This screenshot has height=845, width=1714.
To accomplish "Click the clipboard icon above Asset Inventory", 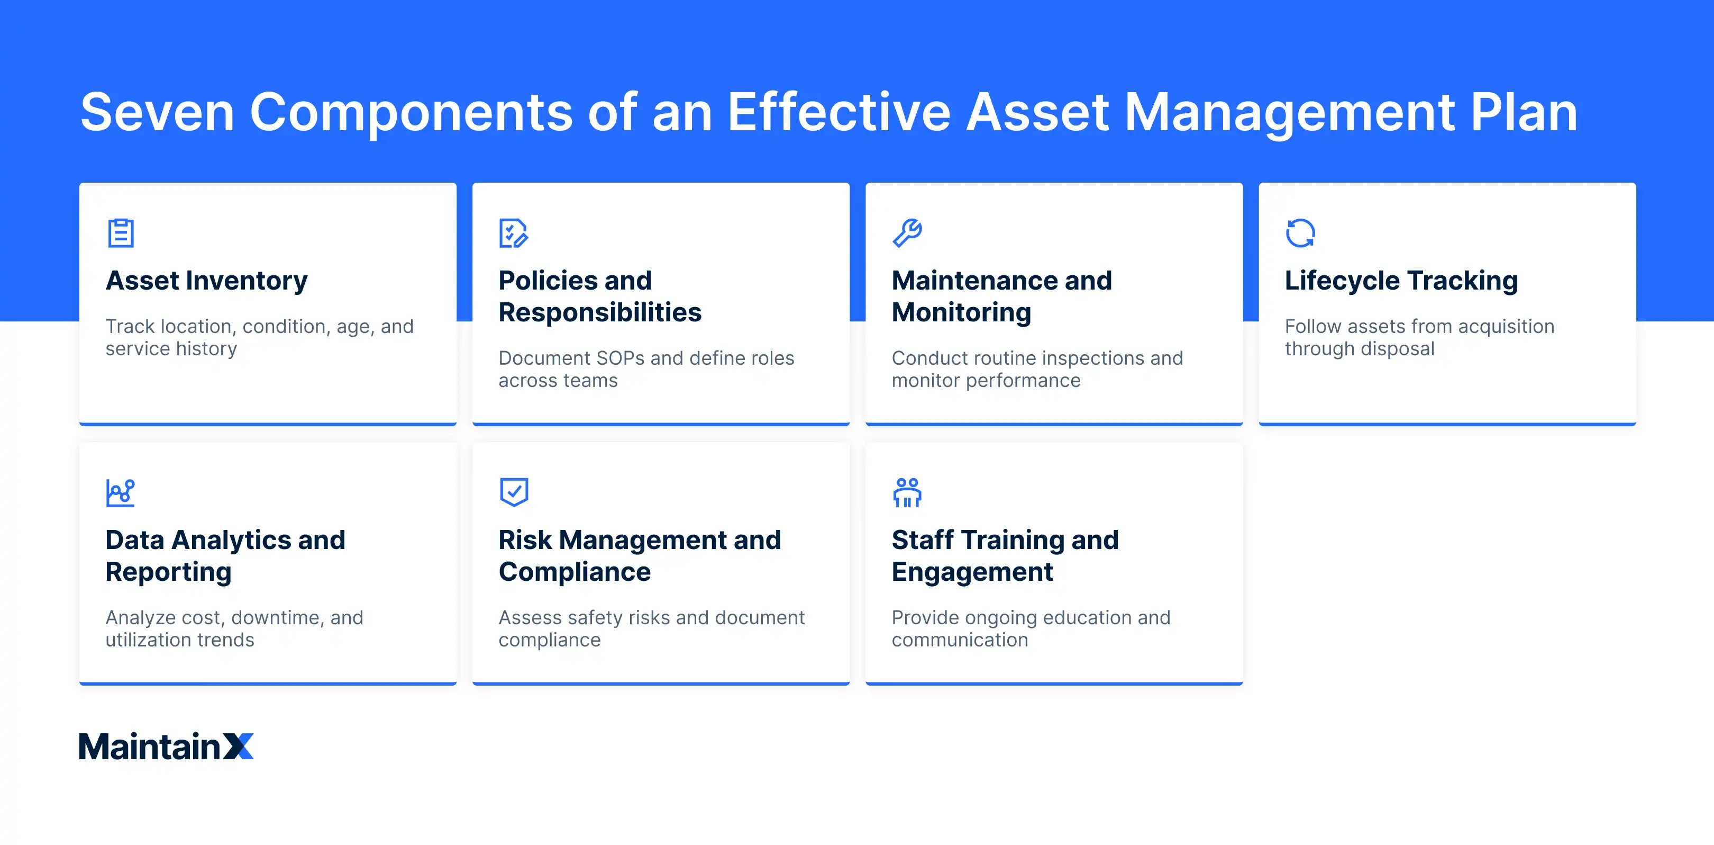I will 121,233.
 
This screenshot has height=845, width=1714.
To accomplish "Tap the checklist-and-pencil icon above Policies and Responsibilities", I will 513,233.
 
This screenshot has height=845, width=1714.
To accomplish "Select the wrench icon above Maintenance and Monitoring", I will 907,233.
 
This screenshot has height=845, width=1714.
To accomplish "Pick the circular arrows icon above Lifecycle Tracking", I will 1300,233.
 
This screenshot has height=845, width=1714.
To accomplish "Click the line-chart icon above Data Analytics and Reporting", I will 121,493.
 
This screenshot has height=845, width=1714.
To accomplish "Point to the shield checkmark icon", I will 514,492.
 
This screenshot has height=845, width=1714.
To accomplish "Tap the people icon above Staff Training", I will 907,493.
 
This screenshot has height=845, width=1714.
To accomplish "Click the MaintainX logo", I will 166,747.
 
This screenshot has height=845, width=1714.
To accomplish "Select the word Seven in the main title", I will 157,113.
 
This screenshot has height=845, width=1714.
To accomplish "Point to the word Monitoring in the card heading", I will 961,313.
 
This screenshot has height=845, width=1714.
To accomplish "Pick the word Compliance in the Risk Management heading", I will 574,572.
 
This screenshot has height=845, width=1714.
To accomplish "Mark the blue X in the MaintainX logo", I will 238,747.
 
